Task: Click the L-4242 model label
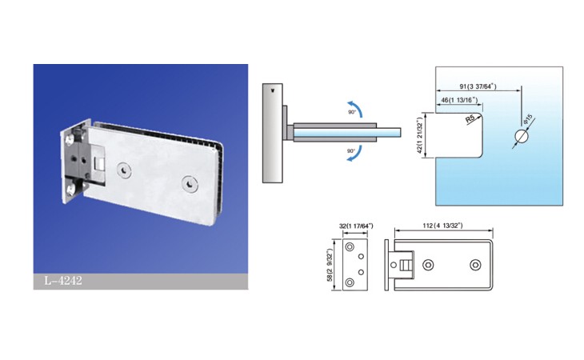[x=63, y=280]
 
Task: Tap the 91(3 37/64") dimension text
[x=478, y=86]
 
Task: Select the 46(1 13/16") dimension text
[x=459, y=100]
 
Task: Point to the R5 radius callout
[x=470, y=118]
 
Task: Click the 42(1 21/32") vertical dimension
[x=420, y=135]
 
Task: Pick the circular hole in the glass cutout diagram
[x=522, y=137]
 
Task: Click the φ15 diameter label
[x=528, y=121]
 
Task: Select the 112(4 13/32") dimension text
[x=442, y=226]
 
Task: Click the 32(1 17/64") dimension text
[x=356, y=226]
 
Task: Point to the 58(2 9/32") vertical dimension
[x=330, y=265]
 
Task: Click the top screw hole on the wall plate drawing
[x=350, y=247]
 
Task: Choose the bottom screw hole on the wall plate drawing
[x=350, y=282]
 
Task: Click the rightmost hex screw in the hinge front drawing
[x=475, y=265]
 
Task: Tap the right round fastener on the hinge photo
[x=190, y=184]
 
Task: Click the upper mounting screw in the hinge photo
[x=70, y=140]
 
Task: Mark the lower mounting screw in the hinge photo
[x=70, y=190]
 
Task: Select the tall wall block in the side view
[x=272, y=133]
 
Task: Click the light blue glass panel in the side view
[x=347, y=133]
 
